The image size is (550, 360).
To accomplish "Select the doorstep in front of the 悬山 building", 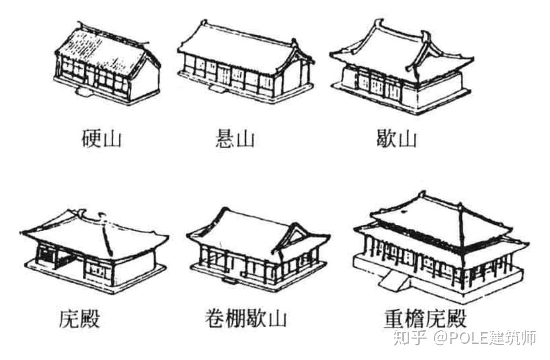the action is click(x=215, y=89).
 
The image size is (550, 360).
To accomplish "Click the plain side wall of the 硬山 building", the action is click(x=145, y=80).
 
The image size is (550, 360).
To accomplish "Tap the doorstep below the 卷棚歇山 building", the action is click(x=227, y=280).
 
